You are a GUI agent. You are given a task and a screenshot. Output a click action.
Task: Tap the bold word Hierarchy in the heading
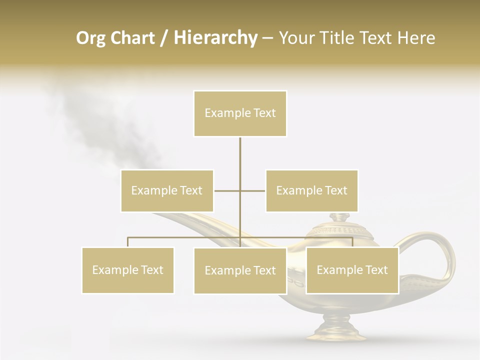click(215, 38)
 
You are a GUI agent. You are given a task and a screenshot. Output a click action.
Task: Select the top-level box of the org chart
click(240, 113)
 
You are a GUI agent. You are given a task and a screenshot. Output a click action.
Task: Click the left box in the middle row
click(167, 190)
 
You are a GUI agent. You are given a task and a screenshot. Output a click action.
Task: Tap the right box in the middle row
click(311, 190)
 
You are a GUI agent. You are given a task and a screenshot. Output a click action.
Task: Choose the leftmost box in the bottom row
click(127, 270)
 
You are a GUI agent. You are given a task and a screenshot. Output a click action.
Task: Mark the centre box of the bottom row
click(240, 270)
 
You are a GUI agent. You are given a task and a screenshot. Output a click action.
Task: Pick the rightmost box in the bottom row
click(352, 270)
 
